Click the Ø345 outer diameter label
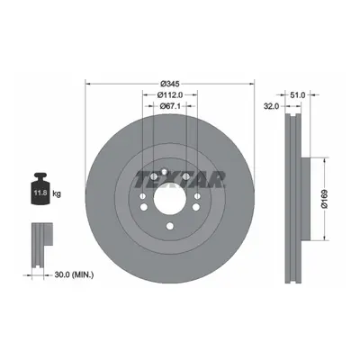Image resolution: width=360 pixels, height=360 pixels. (x=170, y=84)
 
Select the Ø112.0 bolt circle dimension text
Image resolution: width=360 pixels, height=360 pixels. (x=170, y=94)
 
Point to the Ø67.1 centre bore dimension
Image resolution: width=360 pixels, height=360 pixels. (x=170, y=106)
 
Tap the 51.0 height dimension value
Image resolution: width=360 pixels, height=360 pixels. (x=297, y=95)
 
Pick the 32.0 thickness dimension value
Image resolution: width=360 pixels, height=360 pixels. (x=272, y=106)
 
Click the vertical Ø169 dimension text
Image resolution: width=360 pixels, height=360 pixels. (x=325, y=199)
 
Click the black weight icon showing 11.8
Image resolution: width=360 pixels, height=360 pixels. (x=40, y=189)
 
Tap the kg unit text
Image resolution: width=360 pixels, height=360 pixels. (x=57, y=193)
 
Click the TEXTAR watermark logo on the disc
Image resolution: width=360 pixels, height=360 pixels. (x=180, y=179)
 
